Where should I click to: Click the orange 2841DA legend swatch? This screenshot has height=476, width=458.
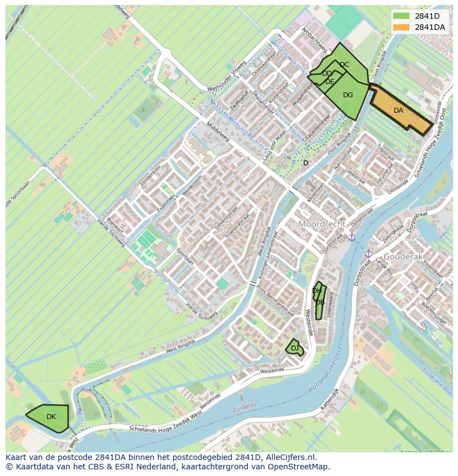[402, 27]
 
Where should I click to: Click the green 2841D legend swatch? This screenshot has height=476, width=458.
[402, 17]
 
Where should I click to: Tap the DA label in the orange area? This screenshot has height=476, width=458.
[398, 111]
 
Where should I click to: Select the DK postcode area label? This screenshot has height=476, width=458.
[51, 417]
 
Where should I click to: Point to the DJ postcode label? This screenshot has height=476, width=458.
[294, 348]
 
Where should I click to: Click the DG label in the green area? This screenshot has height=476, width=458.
[347, 95]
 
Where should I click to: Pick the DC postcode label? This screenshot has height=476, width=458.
[344, 65]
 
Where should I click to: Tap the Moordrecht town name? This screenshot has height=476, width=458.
[321, 224]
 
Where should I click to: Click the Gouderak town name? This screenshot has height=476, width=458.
[403, 257]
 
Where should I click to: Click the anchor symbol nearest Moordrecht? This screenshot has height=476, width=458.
[351, 237]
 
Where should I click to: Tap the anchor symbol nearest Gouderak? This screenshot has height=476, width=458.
[368, 253]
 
